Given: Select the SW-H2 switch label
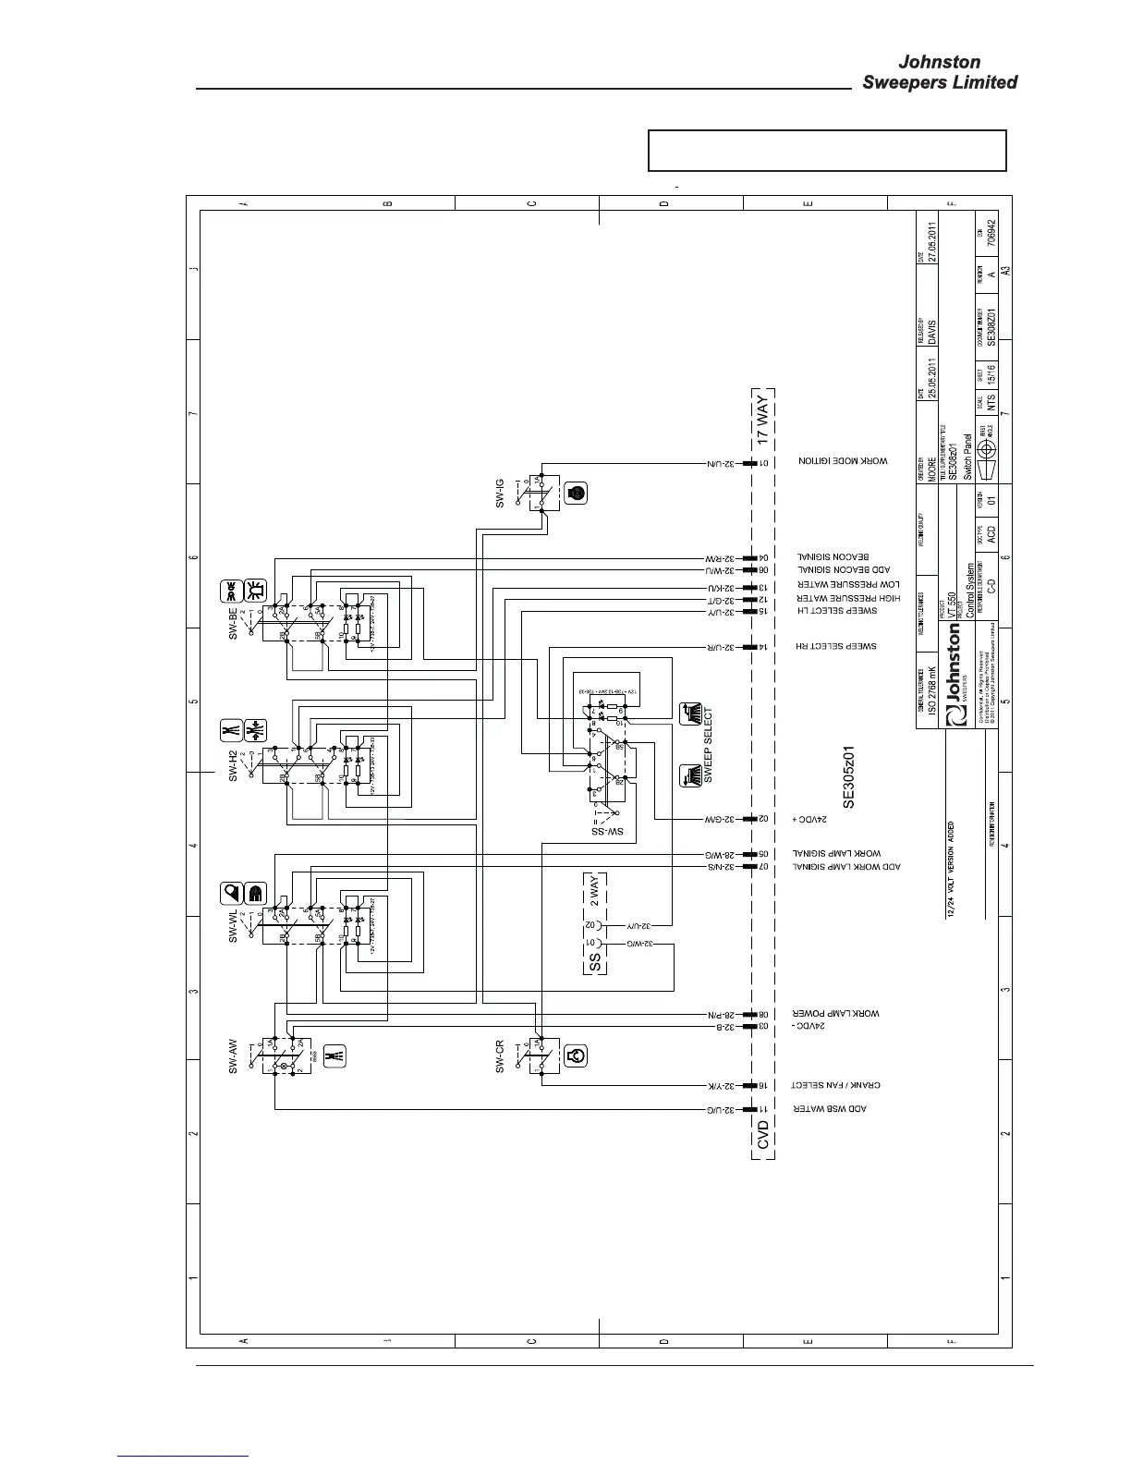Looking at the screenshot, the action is [234, 764].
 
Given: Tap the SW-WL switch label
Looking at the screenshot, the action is [234, 921].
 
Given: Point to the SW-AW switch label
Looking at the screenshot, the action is [234, 1054].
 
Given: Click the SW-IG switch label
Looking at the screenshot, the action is [500, 493].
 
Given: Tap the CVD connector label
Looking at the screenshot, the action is [763, 1135].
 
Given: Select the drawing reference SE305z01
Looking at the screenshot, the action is [851, 778].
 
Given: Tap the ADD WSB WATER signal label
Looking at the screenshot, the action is [832, 1108].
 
